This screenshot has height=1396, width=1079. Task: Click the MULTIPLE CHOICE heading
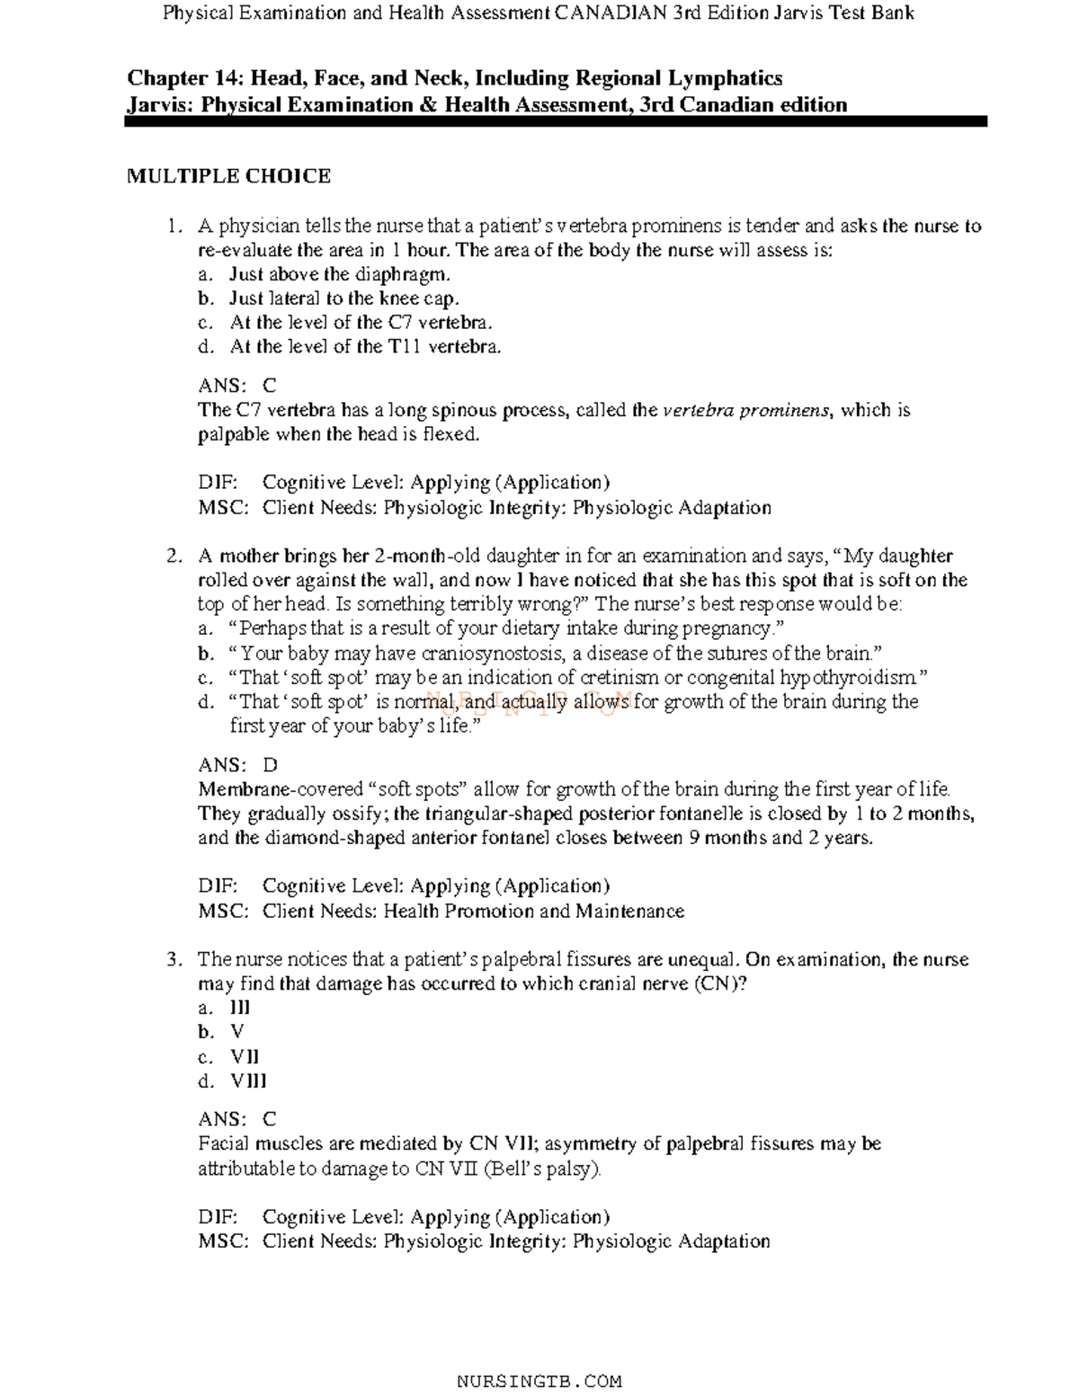[228, 176]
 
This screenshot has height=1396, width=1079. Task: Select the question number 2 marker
[174, 556]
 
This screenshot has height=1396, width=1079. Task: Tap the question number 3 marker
[174, 960]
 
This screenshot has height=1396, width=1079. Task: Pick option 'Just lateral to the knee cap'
[343, 298]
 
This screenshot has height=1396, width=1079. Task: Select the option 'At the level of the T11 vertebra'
[364, 347]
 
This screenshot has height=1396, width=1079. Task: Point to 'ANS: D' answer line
[237, 765]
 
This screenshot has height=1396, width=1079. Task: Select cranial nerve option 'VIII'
[248, 1081]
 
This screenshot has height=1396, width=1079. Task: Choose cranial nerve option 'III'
[240, 1009]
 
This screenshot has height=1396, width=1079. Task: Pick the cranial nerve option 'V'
[237, 1032]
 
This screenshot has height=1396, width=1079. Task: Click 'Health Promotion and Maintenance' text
[533, 911]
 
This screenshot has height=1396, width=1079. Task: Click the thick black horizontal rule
[556, 121]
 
